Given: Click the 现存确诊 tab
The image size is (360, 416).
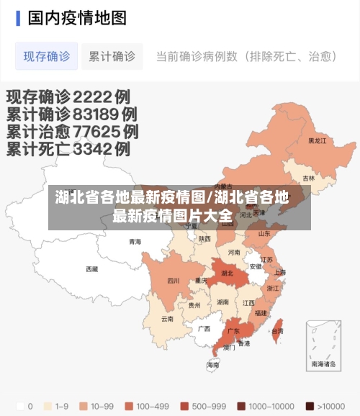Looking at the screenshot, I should click(46, 56).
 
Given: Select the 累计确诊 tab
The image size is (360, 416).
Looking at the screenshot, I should click(112, 56).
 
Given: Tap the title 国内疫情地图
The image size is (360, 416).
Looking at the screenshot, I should click(76, 17).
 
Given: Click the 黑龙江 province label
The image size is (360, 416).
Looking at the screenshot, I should click(317, 141).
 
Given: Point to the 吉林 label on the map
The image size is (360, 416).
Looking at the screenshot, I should click(308, 178).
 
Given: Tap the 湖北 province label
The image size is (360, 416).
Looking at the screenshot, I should click(227, 273).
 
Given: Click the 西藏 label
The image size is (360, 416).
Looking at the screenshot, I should click(91, 269).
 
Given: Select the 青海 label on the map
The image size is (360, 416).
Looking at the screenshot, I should click(135, 242).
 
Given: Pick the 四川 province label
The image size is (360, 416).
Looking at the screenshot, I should click(173, 281).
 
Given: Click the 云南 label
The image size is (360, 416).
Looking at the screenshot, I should click(167, 318).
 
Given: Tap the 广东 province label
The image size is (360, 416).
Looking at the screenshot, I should click(233, 332).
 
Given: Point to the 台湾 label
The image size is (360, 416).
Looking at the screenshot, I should click(277, 331).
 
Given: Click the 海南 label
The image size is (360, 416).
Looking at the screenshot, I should click(213, 365).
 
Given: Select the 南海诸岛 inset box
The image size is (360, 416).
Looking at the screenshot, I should click(323, 345).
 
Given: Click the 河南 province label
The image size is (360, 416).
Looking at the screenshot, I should click(234, 253).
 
